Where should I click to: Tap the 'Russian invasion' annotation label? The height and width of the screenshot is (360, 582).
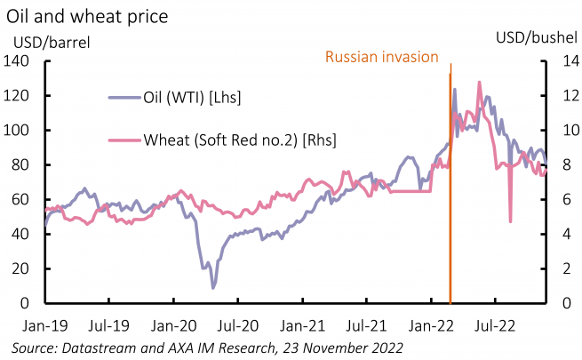pos(382,57)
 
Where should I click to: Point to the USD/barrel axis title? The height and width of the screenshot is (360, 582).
pos(51,40)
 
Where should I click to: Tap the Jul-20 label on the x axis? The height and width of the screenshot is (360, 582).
pos(237,325)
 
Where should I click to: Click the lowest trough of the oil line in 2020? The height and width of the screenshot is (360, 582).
pos(212,287)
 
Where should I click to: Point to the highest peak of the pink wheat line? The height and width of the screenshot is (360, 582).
pos(480,82)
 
